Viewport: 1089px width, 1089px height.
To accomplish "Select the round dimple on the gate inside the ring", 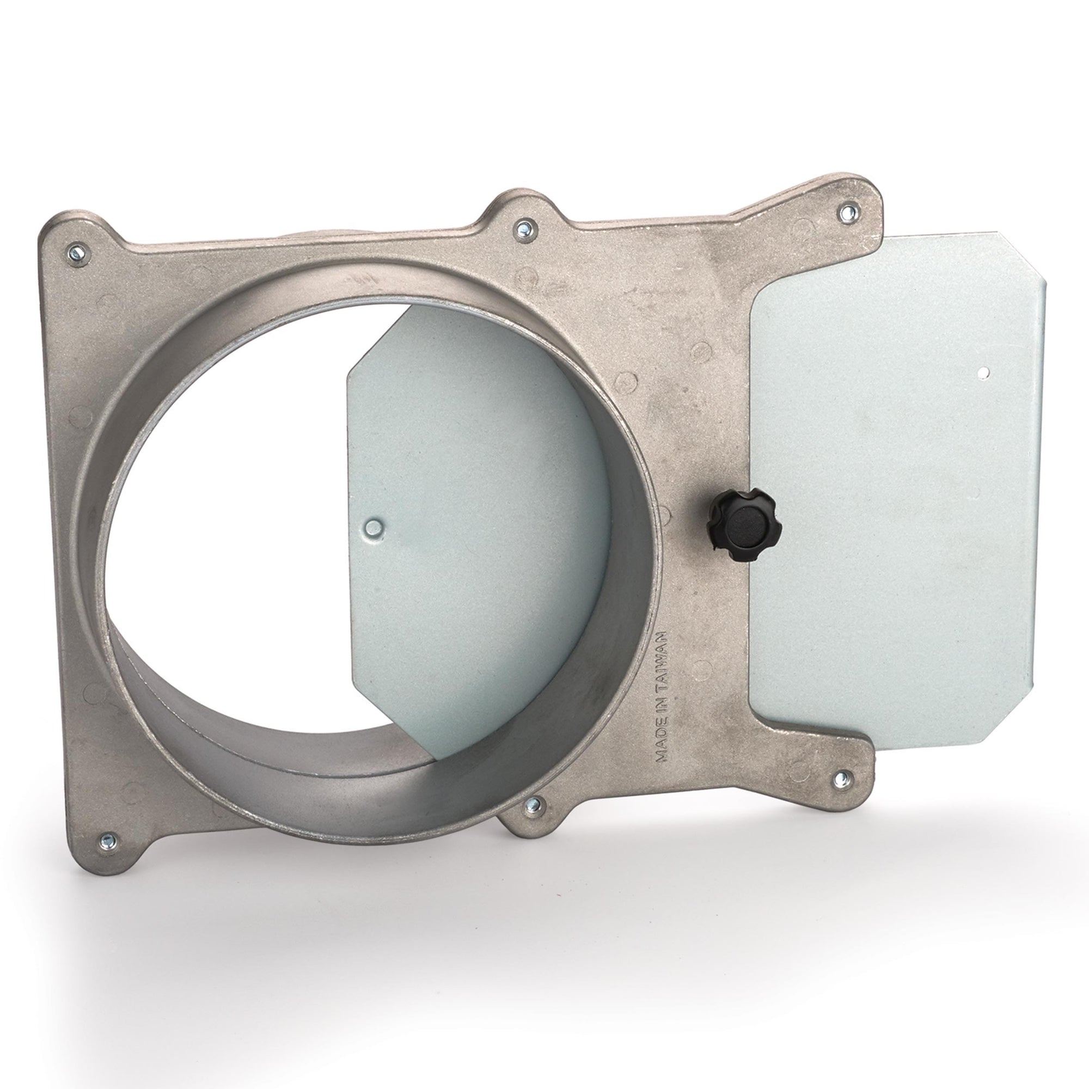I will click(x=372, y=527).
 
